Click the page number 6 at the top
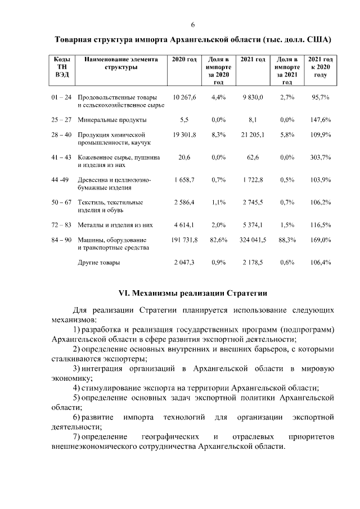[192, 25]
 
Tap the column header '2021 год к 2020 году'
[320, 67]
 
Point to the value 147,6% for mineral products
[321, 120]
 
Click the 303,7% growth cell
[321, 158]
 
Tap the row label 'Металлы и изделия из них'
[115, 224]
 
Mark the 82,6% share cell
[218, 240]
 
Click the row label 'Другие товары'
[98, 262]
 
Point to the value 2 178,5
[253, 262]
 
